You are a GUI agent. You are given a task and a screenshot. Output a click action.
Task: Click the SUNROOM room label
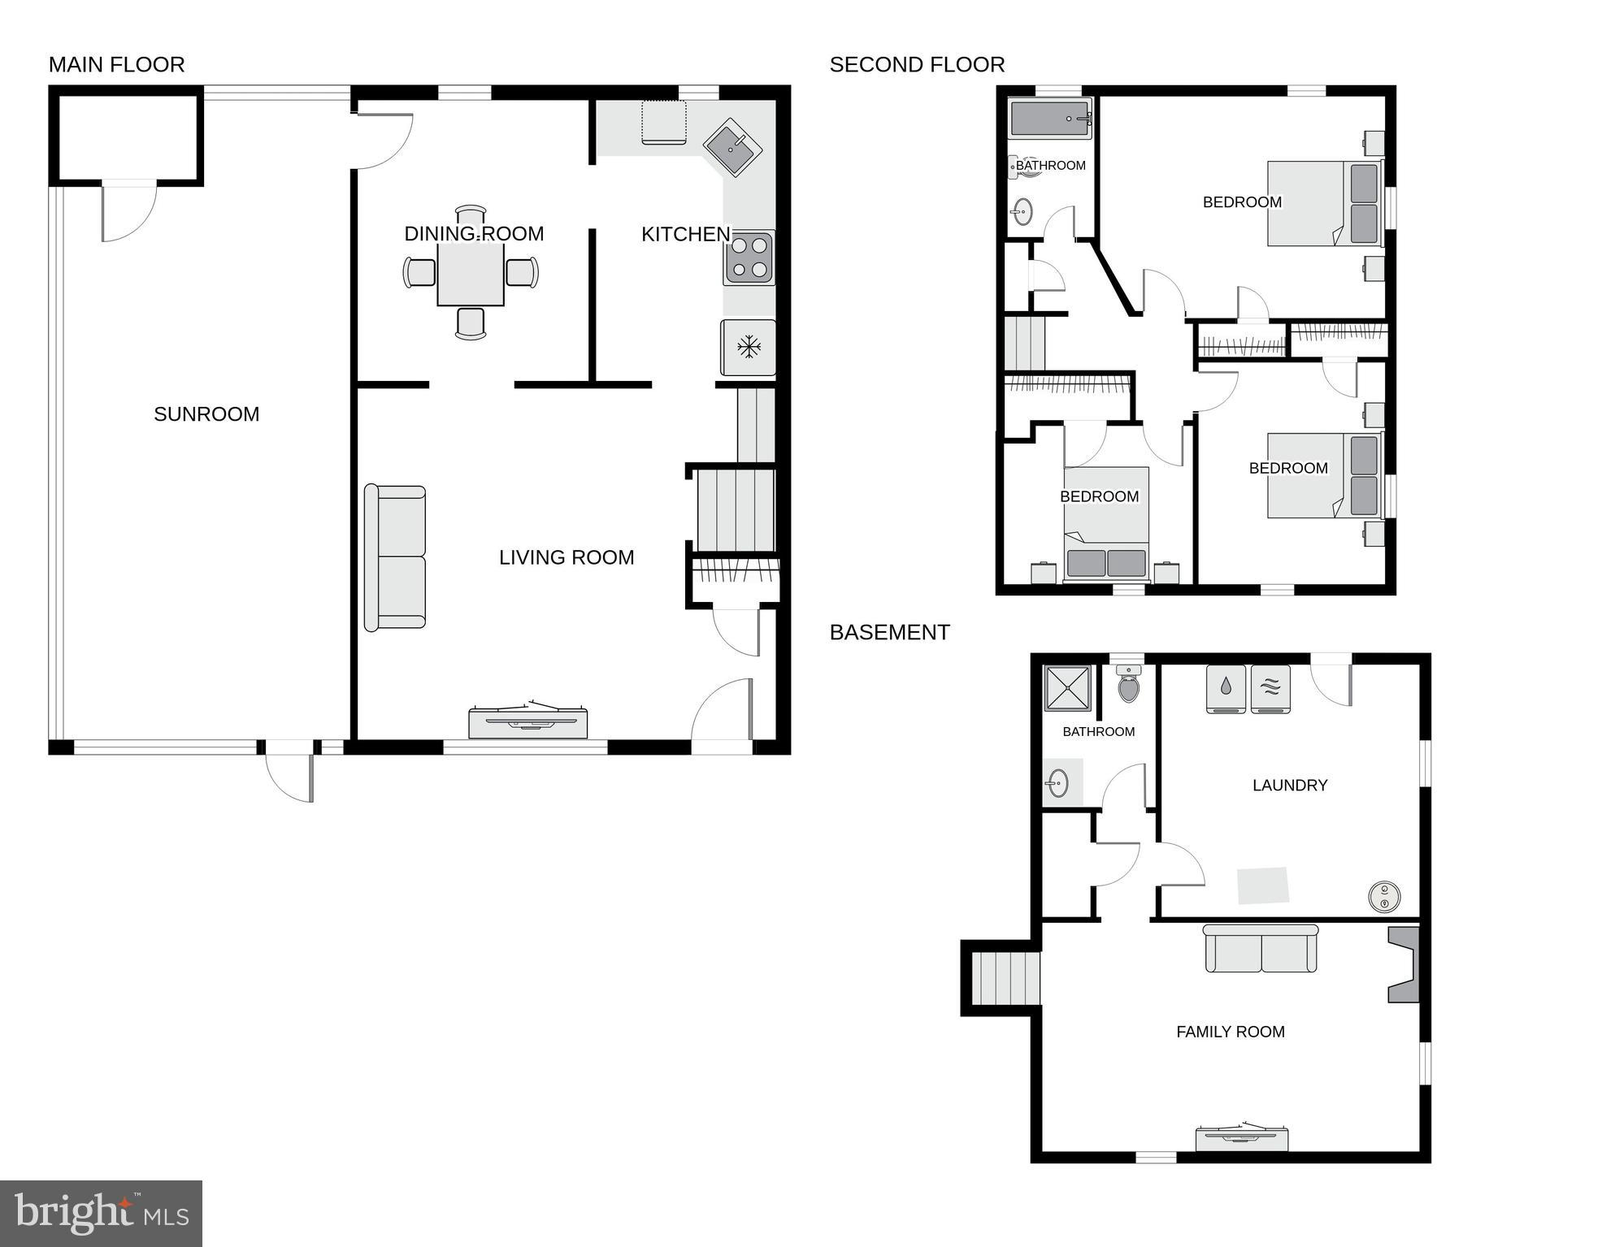pos(206,414)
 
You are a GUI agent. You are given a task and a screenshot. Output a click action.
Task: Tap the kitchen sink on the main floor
pos(732,147)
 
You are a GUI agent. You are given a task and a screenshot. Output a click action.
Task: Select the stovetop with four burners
pos(749,258)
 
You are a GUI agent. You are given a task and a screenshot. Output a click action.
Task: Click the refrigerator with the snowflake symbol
pos(748,348)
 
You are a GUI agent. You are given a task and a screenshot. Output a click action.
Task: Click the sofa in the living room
pos(395,557)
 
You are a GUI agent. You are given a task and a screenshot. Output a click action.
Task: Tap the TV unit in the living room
pos(528,720)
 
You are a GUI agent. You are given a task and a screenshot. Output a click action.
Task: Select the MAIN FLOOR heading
pos(117,64)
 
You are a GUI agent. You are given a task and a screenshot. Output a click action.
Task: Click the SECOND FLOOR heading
pos(917,64)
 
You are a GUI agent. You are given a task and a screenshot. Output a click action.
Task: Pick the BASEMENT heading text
pos(889,632)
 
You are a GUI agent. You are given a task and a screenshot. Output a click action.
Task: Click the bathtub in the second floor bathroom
pos(1049,119)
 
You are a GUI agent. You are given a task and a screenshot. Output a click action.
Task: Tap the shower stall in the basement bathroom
pos(1067,688)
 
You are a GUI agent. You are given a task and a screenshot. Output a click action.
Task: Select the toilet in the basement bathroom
pos(1128,684)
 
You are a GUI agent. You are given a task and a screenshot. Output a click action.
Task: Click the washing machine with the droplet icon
pos(1226,689)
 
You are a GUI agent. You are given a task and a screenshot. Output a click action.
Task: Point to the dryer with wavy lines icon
pos(1270,689)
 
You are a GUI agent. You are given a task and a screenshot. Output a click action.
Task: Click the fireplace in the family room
pos(1404,965)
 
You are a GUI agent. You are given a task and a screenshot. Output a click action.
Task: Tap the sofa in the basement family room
pos(1261,949)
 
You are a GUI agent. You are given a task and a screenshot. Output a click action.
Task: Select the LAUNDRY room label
pos(1289,785)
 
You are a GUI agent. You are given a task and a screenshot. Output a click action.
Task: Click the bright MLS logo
pos(101,1213)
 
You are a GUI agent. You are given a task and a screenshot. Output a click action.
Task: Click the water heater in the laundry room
pos(1384,897)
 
